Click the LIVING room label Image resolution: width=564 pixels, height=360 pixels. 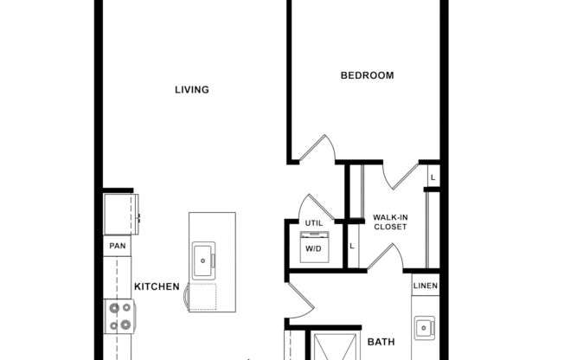(x=192, y=89)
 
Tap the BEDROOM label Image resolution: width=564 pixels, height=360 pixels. (x=367, y=75)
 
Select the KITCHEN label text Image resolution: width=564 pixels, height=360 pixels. (x=157, y=286)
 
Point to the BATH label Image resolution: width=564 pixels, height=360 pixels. (x=381, y=342)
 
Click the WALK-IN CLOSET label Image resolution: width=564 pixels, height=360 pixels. (x=389, y=222)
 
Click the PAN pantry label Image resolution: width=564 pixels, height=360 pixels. (x=116, y=246)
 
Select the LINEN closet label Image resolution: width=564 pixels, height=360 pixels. (x=425, y=286)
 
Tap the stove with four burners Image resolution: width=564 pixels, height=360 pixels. (x=119, y=316)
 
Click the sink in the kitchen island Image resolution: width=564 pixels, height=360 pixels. (x=204, y=256)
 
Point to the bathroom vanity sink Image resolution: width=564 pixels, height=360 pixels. (x=423, y=327)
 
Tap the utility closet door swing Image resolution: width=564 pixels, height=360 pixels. (x=309, y=208)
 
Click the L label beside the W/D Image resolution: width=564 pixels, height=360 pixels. (x=351, y=247)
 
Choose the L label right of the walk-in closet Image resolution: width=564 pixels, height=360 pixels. (x=433, y=177)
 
